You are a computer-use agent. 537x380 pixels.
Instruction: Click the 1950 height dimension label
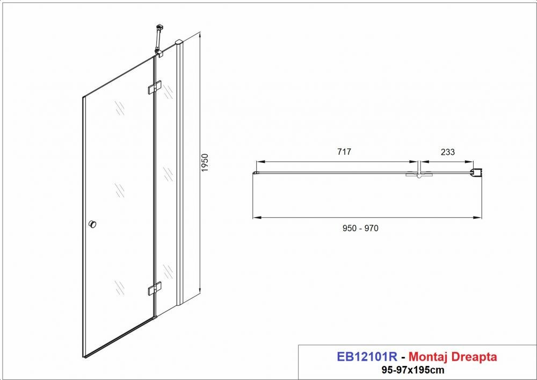(x=205, y=163)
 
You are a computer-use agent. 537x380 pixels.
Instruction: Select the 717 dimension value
(x=344, y=152)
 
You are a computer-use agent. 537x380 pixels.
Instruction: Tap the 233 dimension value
(x=448, y=152)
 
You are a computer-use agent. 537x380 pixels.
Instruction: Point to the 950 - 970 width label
(x=360, y=228)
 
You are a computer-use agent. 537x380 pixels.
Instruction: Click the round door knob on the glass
(x=92, y=225)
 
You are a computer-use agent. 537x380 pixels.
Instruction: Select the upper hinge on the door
(x=155, y=87)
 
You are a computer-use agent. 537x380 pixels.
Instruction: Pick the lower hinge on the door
(x=155, y=289)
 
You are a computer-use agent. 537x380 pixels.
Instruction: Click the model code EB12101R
(x=367, y=357)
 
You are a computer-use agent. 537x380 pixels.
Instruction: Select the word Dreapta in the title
(x=474, y=357)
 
